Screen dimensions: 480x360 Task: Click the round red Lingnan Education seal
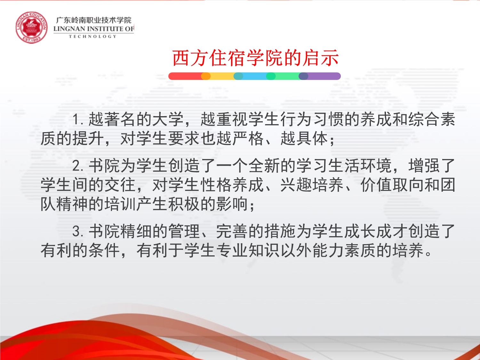(x=31, y=28)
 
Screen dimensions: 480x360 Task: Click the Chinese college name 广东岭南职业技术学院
(x=93, y=20)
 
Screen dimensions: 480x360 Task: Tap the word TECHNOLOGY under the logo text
(x=93, y=36)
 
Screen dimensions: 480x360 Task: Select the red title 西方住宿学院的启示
(x=255, y=58)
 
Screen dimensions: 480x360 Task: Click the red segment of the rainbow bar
(x=185, y=76)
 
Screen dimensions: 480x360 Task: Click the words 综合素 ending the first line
(x=432, y=119)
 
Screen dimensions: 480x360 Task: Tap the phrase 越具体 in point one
(x=304, y=139)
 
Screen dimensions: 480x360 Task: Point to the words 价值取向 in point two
(x=392, y=185)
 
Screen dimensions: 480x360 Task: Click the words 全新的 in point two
(x=272, y=165)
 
